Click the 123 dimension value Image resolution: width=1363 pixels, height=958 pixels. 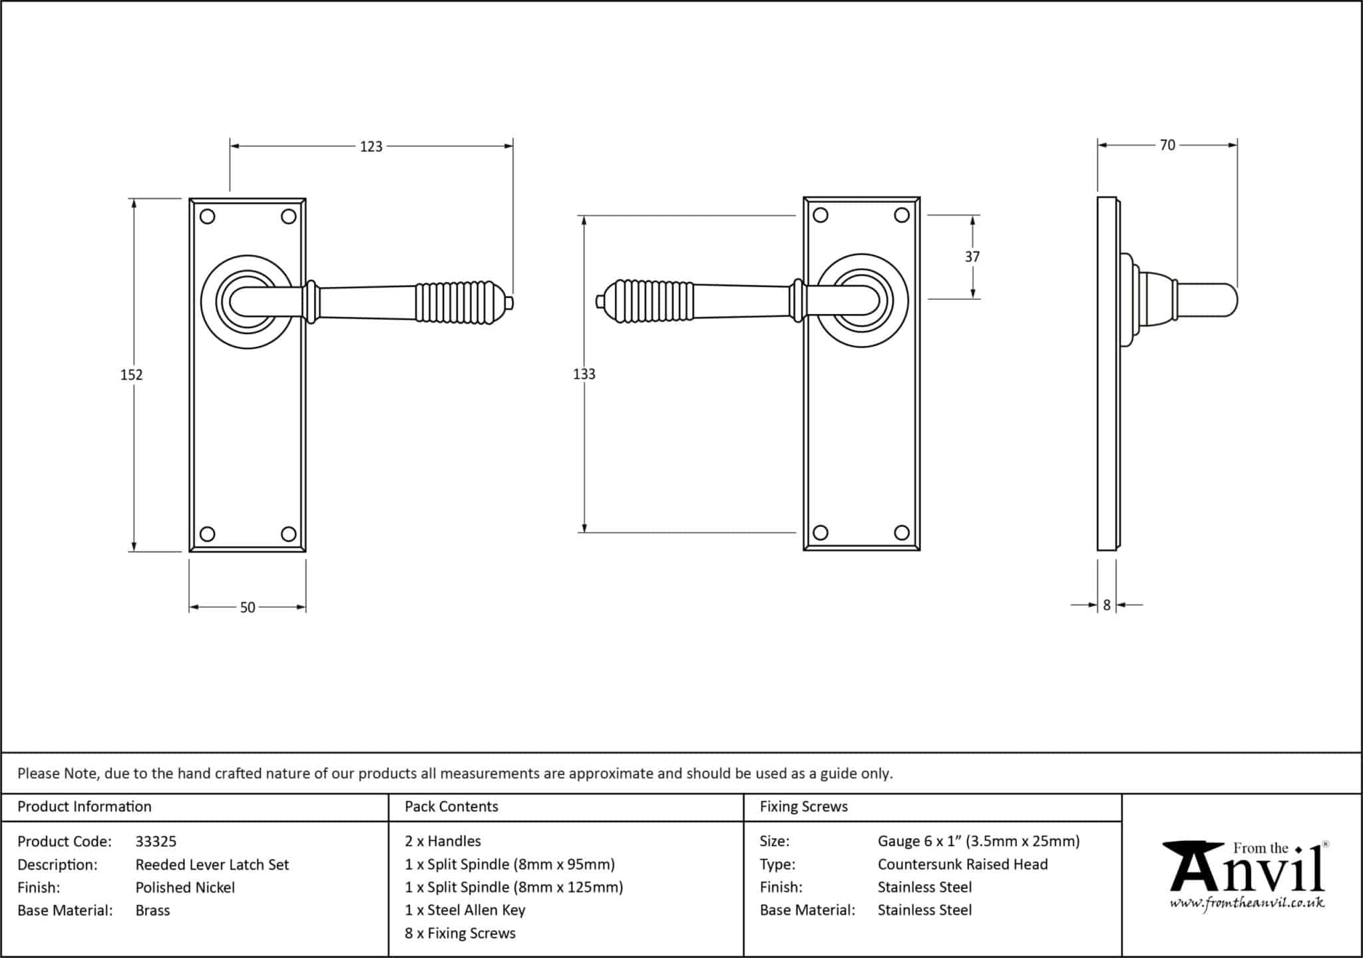[371, 146]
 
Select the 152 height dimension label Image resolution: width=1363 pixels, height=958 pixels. [132, 375]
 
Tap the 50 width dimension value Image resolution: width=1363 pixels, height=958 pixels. [248, 607]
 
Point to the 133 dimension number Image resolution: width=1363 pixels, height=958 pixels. [584, 374]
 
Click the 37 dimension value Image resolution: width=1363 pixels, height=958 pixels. [972, 257]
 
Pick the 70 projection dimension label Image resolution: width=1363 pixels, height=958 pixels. [1167, 145]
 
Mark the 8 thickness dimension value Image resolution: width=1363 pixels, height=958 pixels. [1107, 605]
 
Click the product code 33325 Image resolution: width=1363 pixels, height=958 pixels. [156, 842]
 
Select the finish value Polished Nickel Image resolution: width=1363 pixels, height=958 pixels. [185, 887]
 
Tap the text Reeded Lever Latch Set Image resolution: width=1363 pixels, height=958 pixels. [212, 865]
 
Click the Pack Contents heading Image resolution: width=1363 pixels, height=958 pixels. [451, 806]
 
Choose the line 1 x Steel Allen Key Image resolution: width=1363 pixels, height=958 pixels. [465, 910]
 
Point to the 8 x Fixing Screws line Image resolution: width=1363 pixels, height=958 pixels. [460, 933]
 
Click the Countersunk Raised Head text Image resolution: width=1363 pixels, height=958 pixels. [962, 864]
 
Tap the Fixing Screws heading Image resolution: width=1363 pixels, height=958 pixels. [803, 806]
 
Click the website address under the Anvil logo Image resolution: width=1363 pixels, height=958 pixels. [1247, 903]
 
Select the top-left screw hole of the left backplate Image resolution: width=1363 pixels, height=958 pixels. [207, 217]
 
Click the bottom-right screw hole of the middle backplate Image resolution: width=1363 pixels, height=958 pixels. [902, 532]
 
